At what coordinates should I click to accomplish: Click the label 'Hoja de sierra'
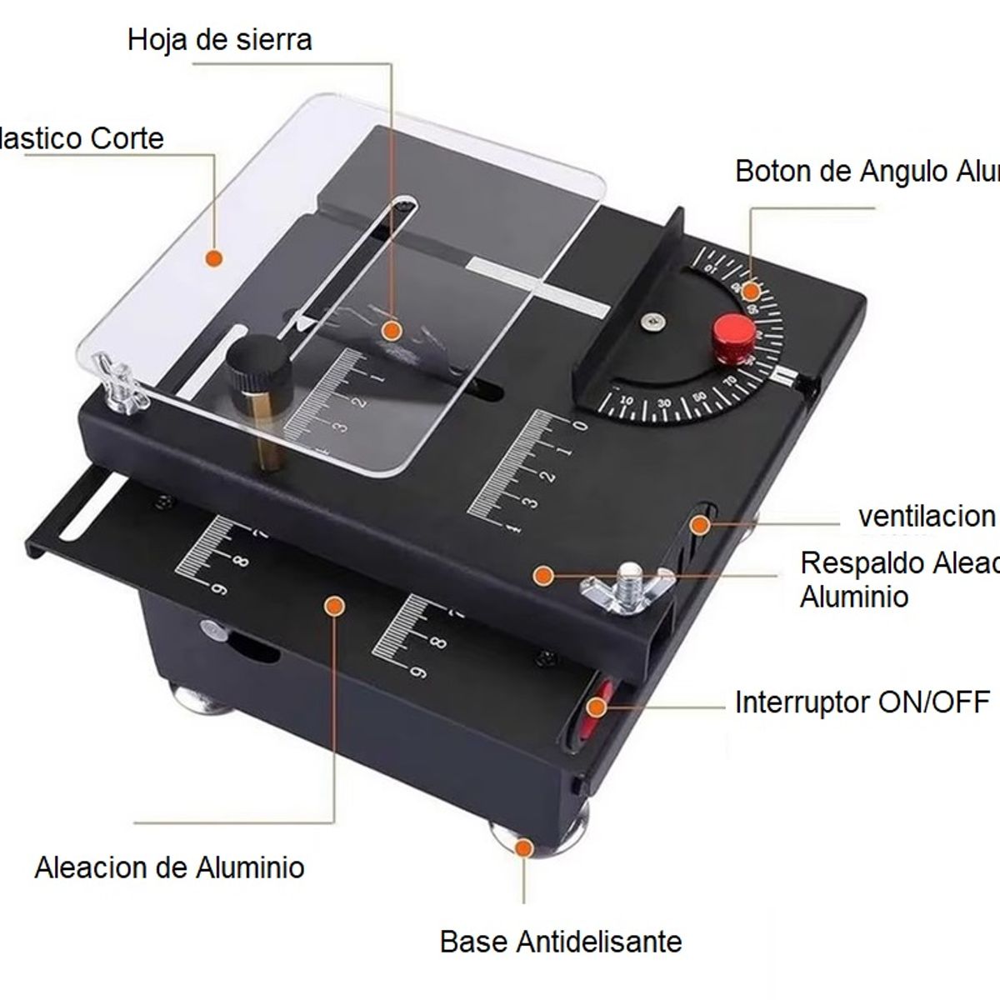(x=219, y=39)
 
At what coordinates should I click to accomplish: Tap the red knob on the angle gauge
(x=733, y=335)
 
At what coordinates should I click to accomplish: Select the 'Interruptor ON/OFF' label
(x=862, y=702)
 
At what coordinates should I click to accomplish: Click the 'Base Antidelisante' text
(x=560, y=942)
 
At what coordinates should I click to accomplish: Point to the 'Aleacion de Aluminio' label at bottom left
(x=169, y=867)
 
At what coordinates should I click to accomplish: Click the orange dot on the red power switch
(x=596, y=707)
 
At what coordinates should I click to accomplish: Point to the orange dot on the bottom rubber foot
(x=523, y=847)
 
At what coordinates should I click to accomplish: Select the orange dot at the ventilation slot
(x=701, y=524)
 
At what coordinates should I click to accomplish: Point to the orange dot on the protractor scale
(x=751, y=292)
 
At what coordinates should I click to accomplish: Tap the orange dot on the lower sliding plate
(x=334, y=606)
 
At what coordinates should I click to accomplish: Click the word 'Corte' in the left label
(x=127, y=137)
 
